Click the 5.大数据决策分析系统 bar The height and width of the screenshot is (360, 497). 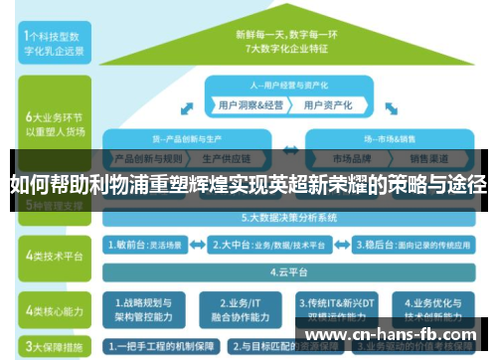288,217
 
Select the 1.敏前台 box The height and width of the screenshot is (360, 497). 144,243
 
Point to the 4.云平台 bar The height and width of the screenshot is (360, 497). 288,270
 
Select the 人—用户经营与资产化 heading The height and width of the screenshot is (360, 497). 289,84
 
